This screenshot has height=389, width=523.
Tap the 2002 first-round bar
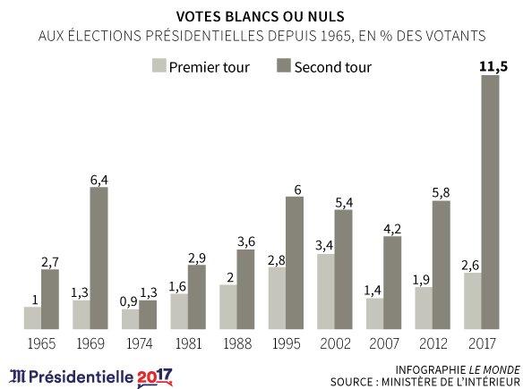click(x=326, y=292)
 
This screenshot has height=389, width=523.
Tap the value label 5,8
click(x=441, y=191)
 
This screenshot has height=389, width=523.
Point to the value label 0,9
click(x=128, y=300)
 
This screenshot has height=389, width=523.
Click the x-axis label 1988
click(x=236, y=342)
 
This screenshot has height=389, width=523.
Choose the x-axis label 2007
click(x=383, y=342)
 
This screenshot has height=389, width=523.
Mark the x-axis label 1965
click(x=41, y=342)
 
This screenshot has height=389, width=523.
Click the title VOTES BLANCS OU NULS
click(x=261, y=15)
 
